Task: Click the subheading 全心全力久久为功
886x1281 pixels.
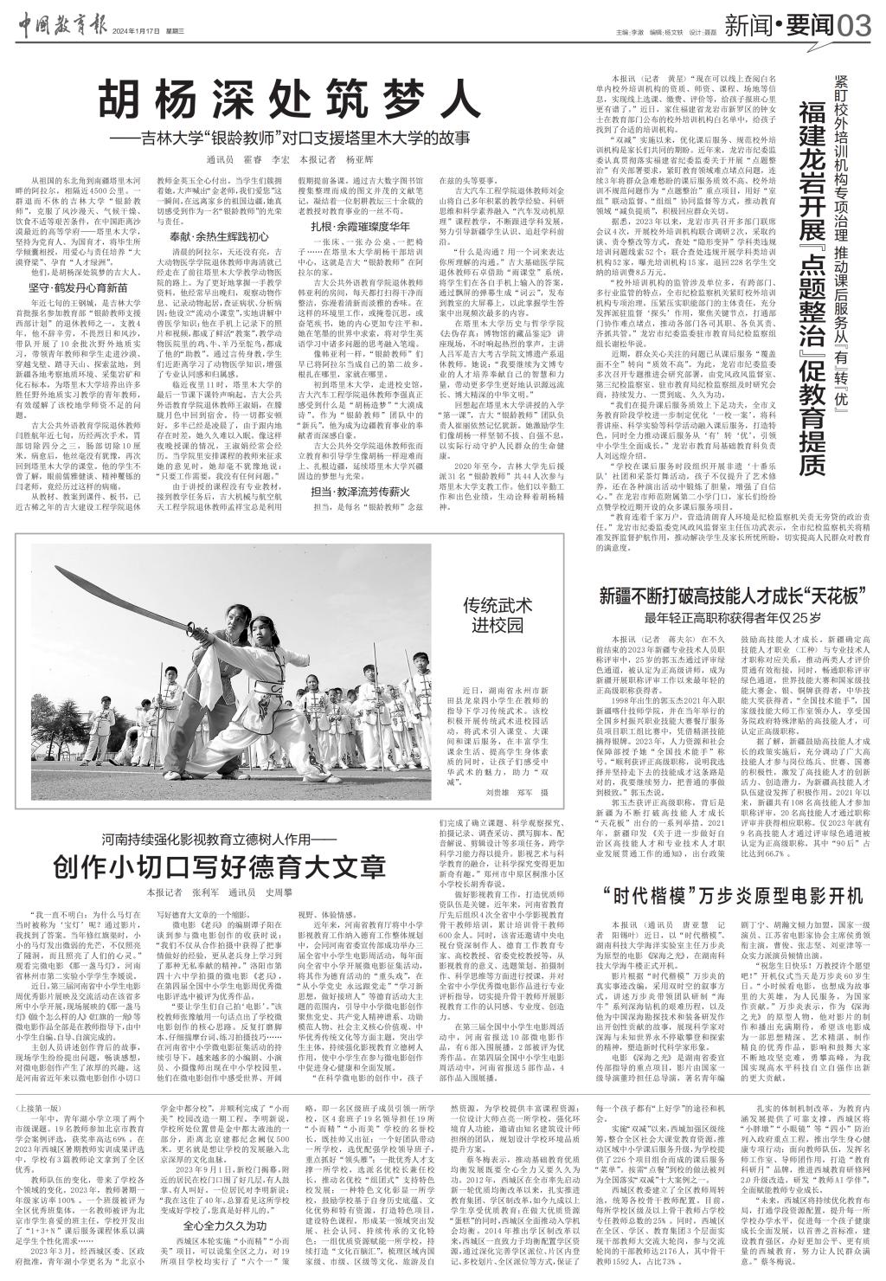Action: pyautogui.click(x=217, y=1226)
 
